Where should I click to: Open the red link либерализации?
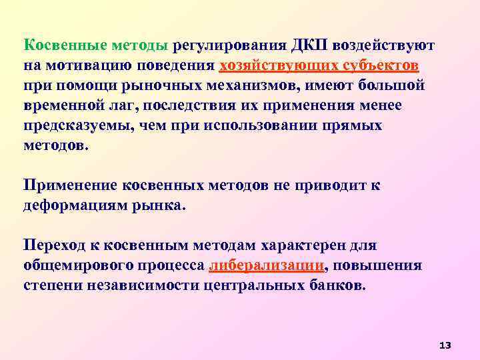point(257,265)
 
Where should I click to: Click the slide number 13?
point(445,345)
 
